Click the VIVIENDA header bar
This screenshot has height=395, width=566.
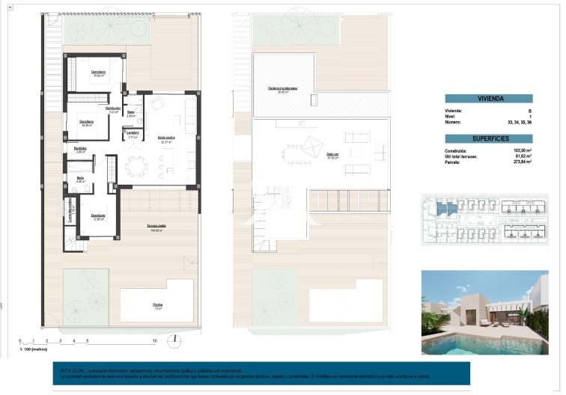(x=488, y=98)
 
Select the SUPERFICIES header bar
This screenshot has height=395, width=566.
(x=488, y=138)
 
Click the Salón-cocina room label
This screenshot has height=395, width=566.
(x=166, y=138)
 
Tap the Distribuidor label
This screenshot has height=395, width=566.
(x=113, y=108)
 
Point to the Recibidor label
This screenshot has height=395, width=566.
(x=80, y=149)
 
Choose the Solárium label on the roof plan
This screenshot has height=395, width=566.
(x=332, y=155)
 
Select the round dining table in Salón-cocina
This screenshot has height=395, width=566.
(x=136, y=167)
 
